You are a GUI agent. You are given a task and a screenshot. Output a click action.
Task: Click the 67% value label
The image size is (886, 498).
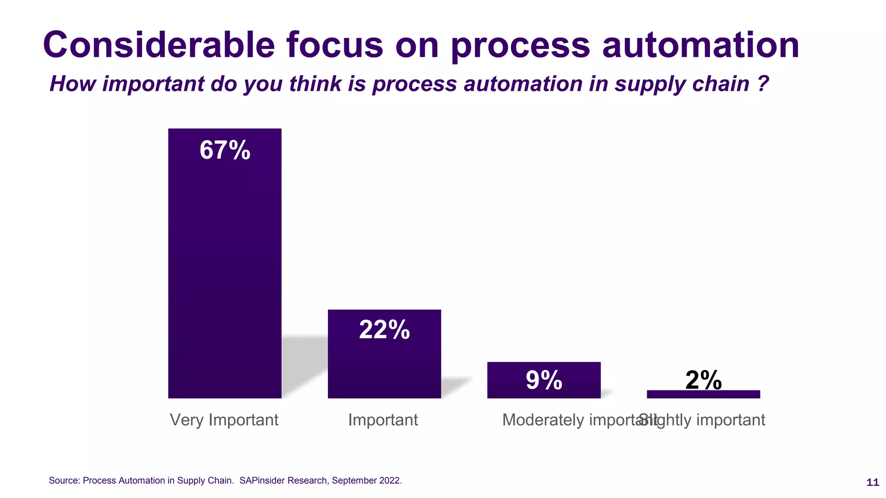point(225,150)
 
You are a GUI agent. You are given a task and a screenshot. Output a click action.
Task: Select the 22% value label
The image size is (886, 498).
point(384,330)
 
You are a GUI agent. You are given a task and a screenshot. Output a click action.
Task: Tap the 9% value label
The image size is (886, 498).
point(544,380)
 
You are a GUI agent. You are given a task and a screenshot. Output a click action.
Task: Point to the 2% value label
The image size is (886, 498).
point(703,380)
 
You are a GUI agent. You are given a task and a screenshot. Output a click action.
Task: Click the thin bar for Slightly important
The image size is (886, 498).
point(703,394)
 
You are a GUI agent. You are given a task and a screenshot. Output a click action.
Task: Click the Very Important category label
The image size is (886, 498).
point(224,420)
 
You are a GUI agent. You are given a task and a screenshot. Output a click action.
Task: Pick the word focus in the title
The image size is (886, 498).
point(334,45)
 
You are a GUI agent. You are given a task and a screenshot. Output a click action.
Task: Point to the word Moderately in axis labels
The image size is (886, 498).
point(543,420)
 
